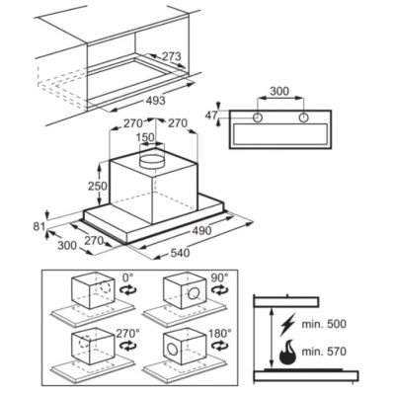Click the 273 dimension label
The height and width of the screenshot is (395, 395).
tap(171, 56)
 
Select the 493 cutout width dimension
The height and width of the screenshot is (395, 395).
tap(155, 100)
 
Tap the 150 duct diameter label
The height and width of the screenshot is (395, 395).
tap(145, 136)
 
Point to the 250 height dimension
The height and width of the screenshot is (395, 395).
tap(98, 186)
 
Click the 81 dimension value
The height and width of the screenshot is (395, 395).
tap(39, 227)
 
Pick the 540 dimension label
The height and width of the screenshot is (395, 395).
tap(180, 253)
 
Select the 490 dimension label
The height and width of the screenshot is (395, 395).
tap(201, 230)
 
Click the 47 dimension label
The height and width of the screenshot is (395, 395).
tap(211, 116)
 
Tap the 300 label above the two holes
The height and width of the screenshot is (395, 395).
tap(279, 91)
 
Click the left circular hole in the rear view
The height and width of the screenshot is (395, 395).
tap(258, 118)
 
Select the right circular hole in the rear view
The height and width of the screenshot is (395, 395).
tap(303, 118)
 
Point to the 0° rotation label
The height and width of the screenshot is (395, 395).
tap(128, 277)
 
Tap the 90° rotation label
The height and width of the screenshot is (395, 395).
tap(219, 277)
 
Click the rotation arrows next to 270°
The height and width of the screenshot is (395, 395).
tap(128, 346)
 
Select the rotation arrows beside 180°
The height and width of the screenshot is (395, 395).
tap(219, 346)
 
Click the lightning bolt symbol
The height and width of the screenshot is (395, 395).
tap(285, 326)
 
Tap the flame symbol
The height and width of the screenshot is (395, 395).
tap(287, 352)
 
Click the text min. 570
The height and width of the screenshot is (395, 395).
tap(324, 352)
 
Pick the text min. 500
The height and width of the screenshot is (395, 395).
tap(324, 324)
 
